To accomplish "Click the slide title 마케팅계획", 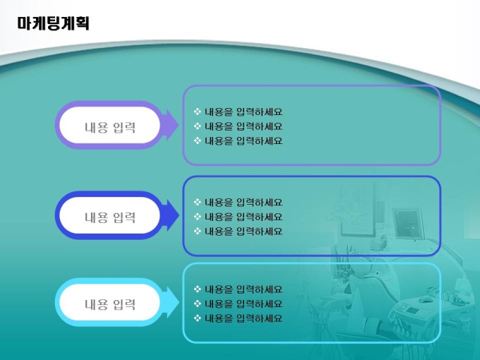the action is [53, 23].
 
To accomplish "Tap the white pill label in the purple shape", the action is [109, 125].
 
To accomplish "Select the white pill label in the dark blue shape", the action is [109, 215].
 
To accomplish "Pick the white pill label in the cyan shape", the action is [109, 302].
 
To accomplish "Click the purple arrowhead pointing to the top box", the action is [172, 125].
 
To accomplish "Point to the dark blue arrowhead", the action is [172, 215].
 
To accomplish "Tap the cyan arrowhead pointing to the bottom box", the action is [172, 302].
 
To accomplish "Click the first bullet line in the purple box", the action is [238, 112].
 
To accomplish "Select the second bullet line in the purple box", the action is [238, 126].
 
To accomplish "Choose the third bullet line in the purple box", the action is [238, 140].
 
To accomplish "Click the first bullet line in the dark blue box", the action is [238, 202].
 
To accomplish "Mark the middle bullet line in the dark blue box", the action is [238, 217].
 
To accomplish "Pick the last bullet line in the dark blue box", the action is [238, 231].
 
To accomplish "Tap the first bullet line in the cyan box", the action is [238, 289].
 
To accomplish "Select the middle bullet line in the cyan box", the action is [238, 304].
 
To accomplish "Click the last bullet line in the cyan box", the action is [238, 318].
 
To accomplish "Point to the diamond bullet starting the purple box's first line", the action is [198, 112].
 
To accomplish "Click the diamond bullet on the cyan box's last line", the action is [198, 318].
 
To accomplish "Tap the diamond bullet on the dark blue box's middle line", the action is [198, 216].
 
